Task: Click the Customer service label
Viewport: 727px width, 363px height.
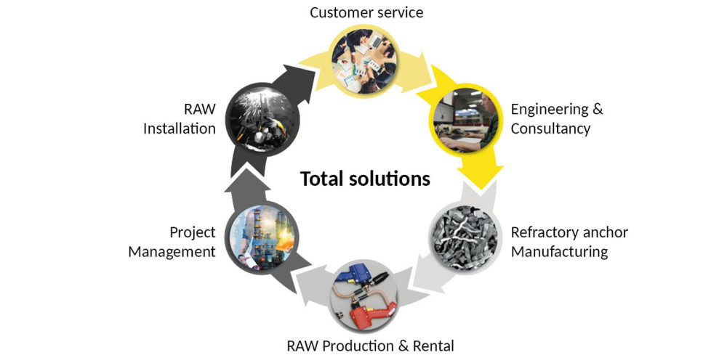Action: pyautogui.click(x=366, y=12)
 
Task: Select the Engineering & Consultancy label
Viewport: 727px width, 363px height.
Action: pyautogui.click(x=557, y=118)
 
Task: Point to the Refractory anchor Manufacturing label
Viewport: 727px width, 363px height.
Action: pyautogui.click(x=569, y=242)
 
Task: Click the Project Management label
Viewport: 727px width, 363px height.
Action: pyautogui.click(x=172, y=242)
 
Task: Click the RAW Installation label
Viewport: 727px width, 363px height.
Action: pyautogui.click(x=180, y=118)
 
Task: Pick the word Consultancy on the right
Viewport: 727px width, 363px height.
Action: pyautogui.click(x=550, y=129)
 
